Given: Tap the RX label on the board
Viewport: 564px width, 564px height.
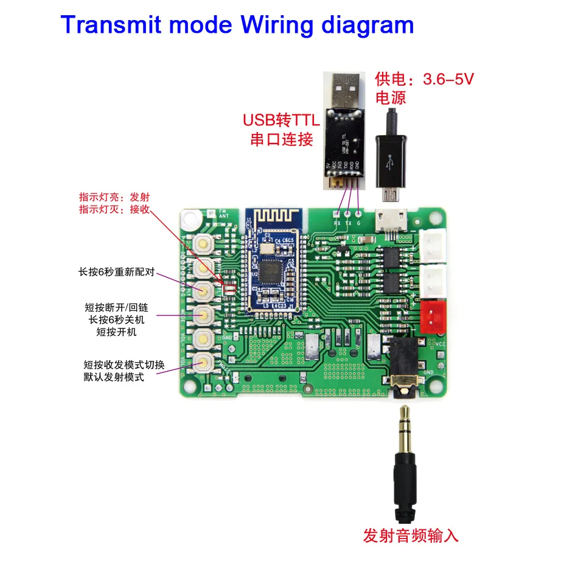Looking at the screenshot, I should (x=338, y=223).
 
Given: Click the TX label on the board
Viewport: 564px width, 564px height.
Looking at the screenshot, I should (x=349, y=223).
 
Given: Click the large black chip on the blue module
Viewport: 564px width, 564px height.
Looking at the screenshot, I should (x=272, y=266).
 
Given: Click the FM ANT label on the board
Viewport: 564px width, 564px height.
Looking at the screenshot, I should (x=223, y=214).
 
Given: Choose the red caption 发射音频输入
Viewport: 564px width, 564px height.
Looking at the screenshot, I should (x=410, y=535).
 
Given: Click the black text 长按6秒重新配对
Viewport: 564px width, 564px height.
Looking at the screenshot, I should (x=117, y=273).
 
